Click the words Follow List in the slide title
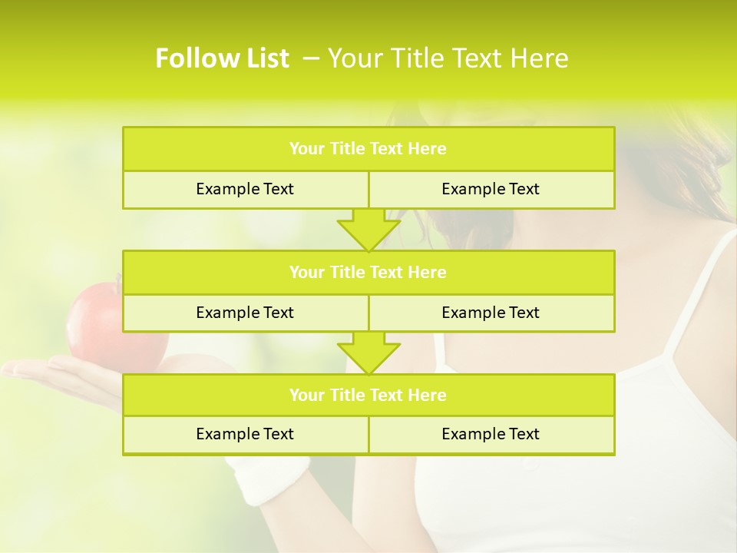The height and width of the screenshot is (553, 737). (x=222, y=58)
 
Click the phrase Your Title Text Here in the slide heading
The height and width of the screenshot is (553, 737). (x=448, y=58)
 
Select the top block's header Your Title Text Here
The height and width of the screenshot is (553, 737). (x=368, y=149)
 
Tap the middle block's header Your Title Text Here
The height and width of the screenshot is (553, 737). (x=368, y=272)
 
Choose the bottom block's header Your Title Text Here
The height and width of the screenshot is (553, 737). (x=368, y=395)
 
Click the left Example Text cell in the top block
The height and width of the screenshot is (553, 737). (x=245, y=189)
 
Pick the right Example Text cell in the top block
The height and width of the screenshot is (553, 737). (x=491, y=189)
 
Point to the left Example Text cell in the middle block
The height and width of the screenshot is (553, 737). (x=245, y=313)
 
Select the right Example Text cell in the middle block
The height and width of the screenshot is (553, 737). (x=491, y=313)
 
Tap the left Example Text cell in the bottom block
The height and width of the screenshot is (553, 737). (x=245, y=434)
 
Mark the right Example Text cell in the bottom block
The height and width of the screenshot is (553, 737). (x=491, y=434)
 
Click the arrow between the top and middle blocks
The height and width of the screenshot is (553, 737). (x=368, y=230)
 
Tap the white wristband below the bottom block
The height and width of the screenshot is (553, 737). (x=265, y=480)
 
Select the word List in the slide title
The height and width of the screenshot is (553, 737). (x=266, y=58)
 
